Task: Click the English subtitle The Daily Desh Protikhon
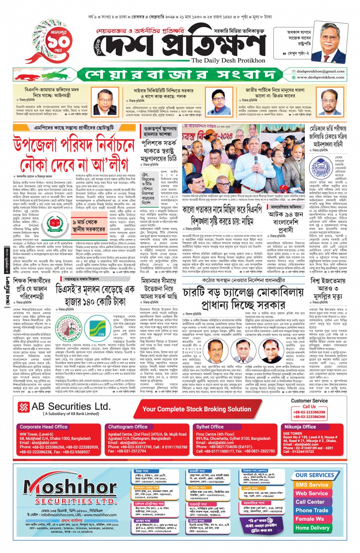tap(228, 60)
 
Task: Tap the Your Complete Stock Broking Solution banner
tap(197, 409)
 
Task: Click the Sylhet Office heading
tap(210, 427)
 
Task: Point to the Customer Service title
tap(309, 401)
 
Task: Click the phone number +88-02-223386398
tap(309, 412)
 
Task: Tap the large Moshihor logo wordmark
tap(65, 487)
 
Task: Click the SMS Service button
tap(312, 485)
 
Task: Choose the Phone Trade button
tap(312, 510)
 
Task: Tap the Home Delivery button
tap(312, 528)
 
